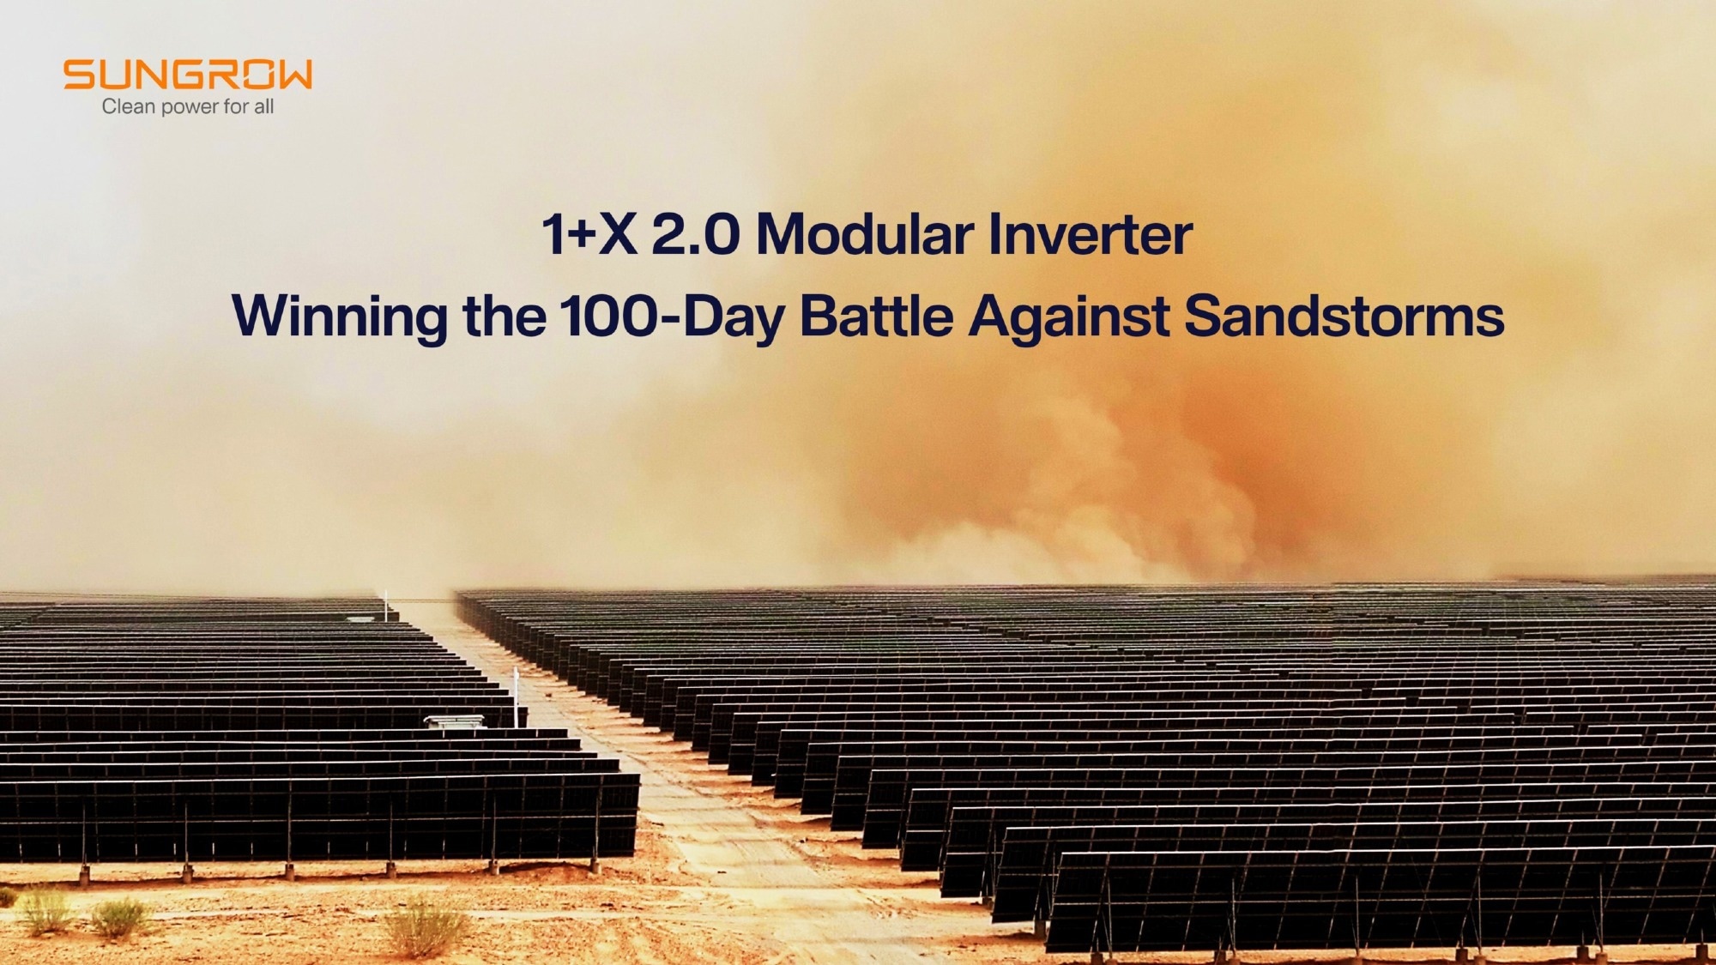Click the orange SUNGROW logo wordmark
(188, 75)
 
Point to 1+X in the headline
(589, 233)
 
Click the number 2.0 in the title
(695, 233)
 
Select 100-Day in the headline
(673, 317)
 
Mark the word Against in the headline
(1069, 317)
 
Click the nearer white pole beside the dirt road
(516, 697)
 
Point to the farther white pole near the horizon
(386, 605)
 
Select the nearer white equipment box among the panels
(455, 721)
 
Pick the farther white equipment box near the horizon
(360, 617)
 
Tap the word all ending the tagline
(263, 106)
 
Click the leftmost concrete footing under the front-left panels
(84, 875)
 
